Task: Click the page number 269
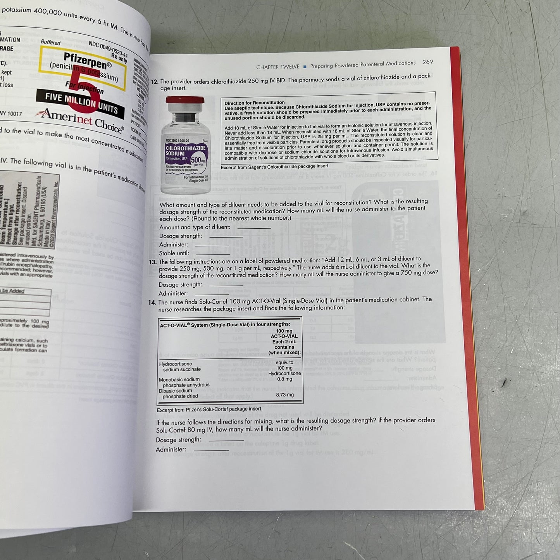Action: click(x=427, y=62)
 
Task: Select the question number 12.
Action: click(x=155, y=81)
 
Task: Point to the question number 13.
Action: click(x=153, y=262)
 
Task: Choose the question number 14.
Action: click(x=152, y=302)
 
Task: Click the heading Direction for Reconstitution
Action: click(x=255, y=103)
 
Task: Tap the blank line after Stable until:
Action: click(x=213, y=253)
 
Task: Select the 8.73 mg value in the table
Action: click(x=285, y=395)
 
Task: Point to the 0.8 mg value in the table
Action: click(x=285, y=379)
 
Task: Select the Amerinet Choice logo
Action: click(x=79, y=119)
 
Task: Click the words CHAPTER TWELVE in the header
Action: click(x=277, y=67)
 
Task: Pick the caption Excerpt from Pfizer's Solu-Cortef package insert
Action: click(x=209, y=409)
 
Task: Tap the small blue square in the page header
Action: click(x=305, y=66)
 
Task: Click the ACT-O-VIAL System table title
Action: click(x=225, y=325)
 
